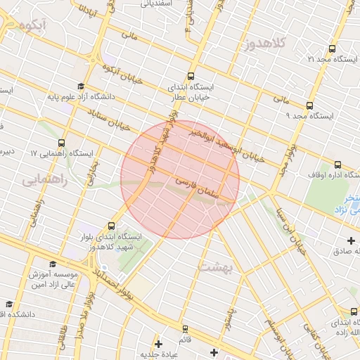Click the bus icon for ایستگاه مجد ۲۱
(332, 49)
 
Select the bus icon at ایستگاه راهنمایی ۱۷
(62, 143)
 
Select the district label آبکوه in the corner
(34, 26)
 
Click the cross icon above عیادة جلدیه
(158, 344)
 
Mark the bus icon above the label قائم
(185, 328)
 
